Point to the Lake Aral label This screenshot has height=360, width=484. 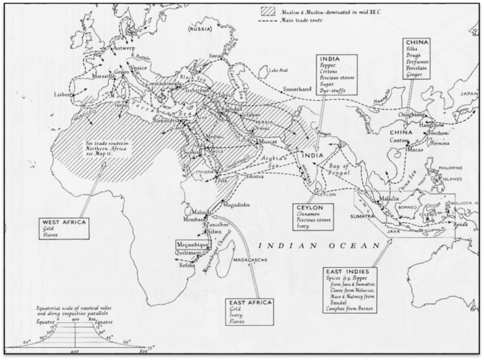click(x=278, y=71)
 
